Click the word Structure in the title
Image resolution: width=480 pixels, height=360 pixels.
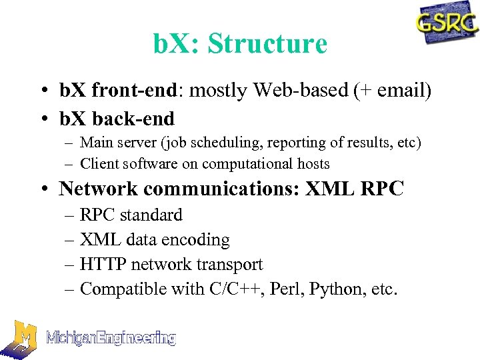pyautogui.click(x=267, y=44)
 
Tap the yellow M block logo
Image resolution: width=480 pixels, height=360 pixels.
pyautogui.click(x=21, y=339)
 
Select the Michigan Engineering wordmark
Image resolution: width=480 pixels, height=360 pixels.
pyautogui.click(x=111, y=338)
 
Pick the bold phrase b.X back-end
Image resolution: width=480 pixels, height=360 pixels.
pyautogui.click(x=117, y=119)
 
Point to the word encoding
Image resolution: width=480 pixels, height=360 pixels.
pyautogui.click(x=197, y=240)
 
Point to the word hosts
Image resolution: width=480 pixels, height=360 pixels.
pyautogui.click(x=313, y=163)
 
